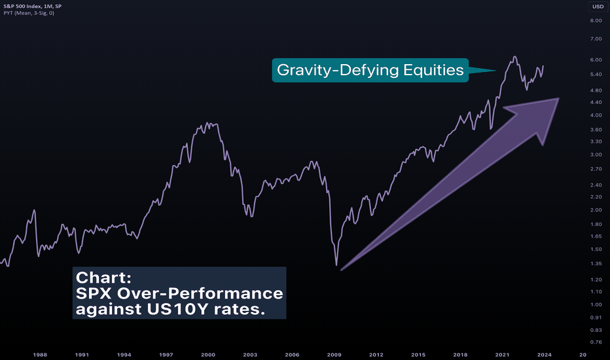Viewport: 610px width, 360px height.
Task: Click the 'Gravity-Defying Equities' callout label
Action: click(370, 69)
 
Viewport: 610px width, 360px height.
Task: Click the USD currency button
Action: click(598, 7)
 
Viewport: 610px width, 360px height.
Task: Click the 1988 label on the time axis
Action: click(40, 355)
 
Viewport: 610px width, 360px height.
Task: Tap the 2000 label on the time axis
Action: click(208, 355)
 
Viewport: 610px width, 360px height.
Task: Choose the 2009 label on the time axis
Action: click(334, 355)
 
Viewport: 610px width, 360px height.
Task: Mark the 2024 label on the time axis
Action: click(544, 355)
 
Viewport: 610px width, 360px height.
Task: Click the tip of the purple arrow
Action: click(558, 99)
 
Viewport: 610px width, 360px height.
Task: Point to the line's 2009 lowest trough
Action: click(337, 265)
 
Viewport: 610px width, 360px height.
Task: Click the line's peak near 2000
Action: click(208, 122)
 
